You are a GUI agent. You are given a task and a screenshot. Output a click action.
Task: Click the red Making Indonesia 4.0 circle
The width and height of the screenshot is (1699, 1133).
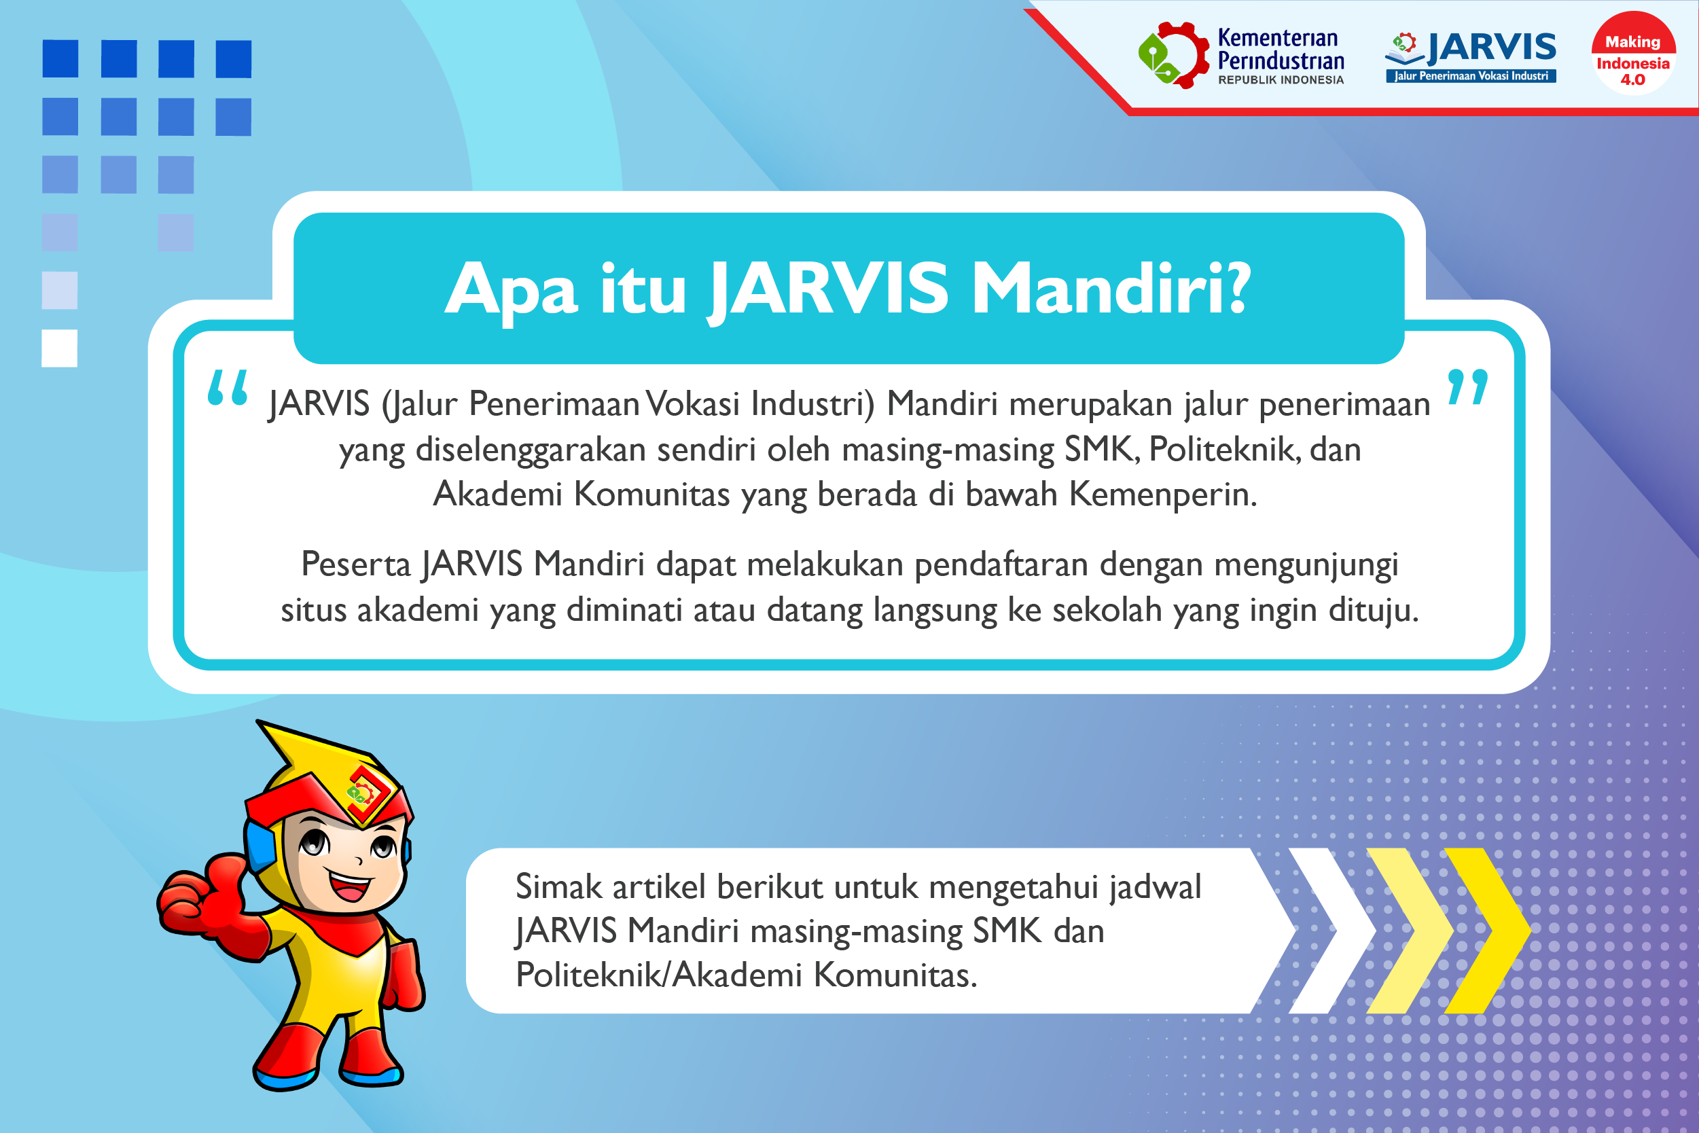(x=1632, y=53)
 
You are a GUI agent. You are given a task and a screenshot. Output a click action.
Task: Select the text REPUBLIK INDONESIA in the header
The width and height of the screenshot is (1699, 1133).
(x=1281, y=80)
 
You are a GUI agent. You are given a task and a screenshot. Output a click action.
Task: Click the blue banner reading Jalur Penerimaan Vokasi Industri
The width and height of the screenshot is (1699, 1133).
(x=1471, y=76)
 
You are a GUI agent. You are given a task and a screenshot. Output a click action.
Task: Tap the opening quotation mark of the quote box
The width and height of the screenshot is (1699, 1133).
(x=228, y=387)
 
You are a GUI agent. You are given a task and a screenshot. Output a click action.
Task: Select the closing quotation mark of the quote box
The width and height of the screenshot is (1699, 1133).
(x=1468, y=387)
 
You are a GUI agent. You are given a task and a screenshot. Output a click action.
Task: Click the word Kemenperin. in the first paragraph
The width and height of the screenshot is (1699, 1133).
(x=1163, y=495)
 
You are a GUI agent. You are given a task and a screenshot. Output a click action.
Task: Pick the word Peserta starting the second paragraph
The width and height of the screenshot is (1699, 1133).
(x=355, y=564)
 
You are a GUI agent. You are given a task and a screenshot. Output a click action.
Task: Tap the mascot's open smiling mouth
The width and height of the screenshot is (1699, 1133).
(x=350, y=885)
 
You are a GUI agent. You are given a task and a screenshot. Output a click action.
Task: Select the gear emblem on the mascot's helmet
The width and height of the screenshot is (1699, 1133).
(x=363, y=793)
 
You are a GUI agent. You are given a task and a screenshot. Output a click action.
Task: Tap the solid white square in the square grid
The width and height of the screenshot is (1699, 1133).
(x=59, y=348)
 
